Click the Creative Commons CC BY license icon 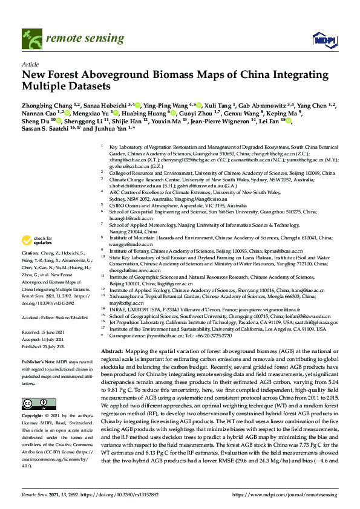(x=34, y=386)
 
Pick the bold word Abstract (x=112, y=351)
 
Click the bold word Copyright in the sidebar (x=34, y=400)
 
